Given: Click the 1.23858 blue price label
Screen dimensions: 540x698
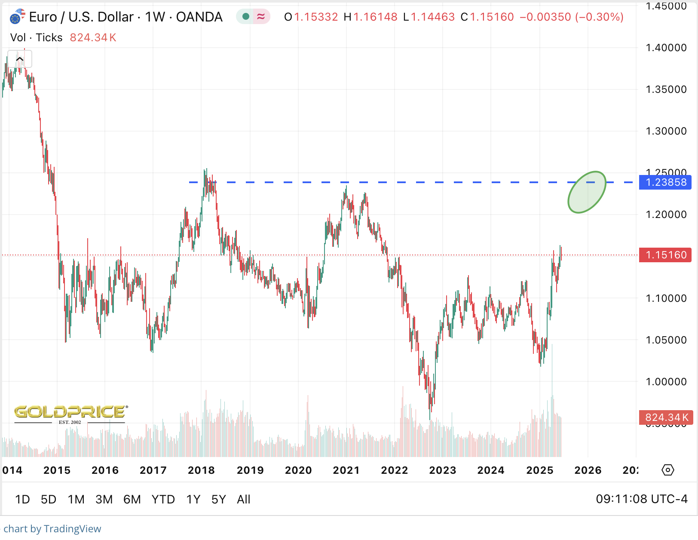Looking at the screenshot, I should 666,182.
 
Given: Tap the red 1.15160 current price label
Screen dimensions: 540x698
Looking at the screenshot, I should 666,255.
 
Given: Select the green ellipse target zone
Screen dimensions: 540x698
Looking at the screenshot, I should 587,192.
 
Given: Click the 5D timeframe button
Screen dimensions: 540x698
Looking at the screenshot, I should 49,499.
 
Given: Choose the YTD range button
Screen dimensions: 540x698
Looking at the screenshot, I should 163,499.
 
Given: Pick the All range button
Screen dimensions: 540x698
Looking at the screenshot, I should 243,499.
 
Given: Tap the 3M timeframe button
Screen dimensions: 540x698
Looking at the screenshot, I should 104,499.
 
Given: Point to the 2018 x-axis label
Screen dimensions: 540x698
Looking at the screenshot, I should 201,470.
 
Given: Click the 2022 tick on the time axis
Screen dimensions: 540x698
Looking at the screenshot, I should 394,470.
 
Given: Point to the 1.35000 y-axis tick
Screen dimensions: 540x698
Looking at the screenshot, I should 666,89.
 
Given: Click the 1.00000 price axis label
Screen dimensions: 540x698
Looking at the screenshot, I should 666,382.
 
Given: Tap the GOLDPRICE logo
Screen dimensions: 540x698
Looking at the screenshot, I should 70,413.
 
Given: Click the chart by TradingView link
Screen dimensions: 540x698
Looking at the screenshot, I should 52,529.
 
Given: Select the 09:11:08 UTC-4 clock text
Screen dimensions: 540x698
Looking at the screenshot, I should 641,499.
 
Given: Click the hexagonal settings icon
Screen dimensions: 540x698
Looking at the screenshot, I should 667,470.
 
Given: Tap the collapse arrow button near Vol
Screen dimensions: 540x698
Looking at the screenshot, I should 20,59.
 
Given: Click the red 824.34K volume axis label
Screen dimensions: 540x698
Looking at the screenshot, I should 666,417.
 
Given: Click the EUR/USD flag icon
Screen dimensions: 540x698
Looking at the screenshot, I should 17,17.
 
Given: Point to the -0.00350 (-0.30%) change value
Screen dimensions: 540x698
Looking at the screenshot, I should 571,17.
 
